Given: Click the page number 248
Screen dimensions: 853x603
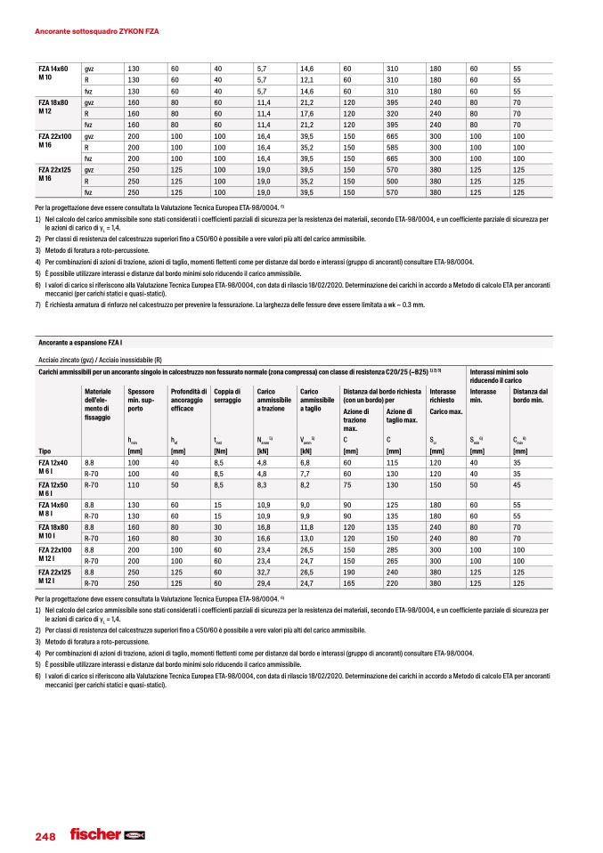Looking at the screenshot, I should click(x=45, y=836).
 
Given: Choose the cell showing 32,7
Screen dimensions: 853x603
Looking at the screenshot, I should click(x=264, y=572).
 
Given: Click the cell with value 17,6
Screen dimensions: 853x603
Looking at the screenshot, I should click(x=307, y=114).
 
